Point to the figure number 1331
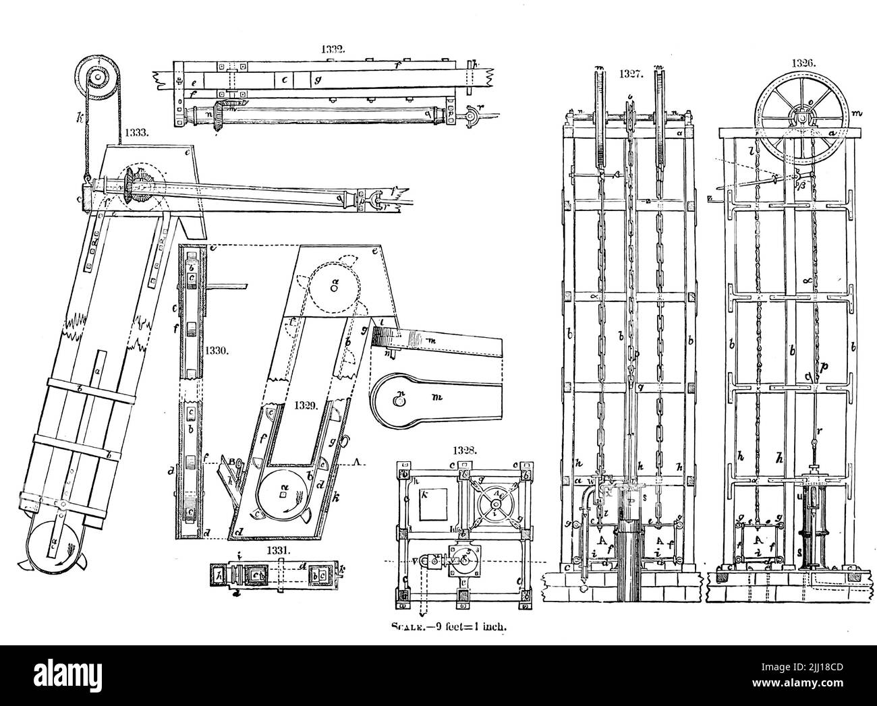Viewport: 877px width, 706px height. coord(279,550)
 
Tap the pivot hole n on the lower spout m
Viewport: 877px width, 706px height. coord(399,401)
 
